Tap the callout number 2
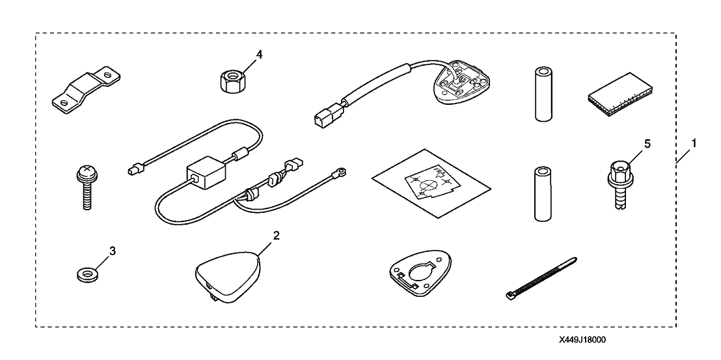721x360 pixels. [x=276, y=236]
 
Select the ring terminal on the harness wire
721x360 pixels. [x=340, y=173]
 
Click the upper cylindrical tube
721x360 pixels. [x=542, y=92]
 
